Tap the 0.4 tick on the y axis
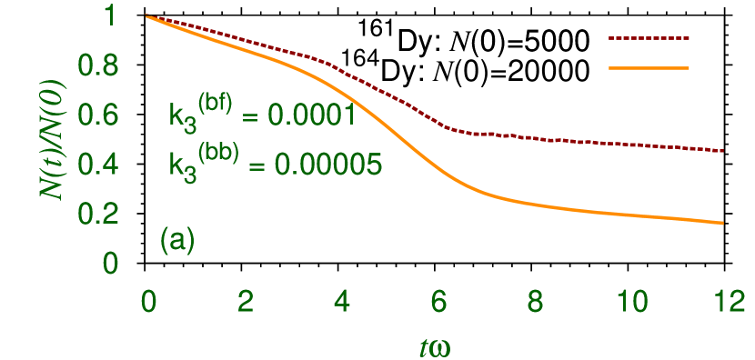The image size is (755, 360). pyautogui.click(x=100, y=165)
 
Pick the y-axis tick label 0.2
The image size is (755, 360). pyautogui.click(x=100, y=215)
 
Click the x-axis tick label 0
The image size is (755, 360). pyautogui.click(x=146, y=302)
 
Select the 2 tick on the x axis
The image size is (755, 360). pyautogui.click(x=243, y=302)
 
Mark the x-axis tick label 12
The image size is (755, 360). pyautogui.click(x=726, y=302)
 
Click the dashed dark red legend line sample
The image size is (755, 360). pyautogui.click(x=648, y=39)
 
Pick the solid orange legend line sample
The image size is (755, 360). pyautogui.click(x=648, y=67)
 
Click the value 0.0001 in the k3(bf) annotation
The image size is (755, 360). pyautogui.click(x=309, y=116)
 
